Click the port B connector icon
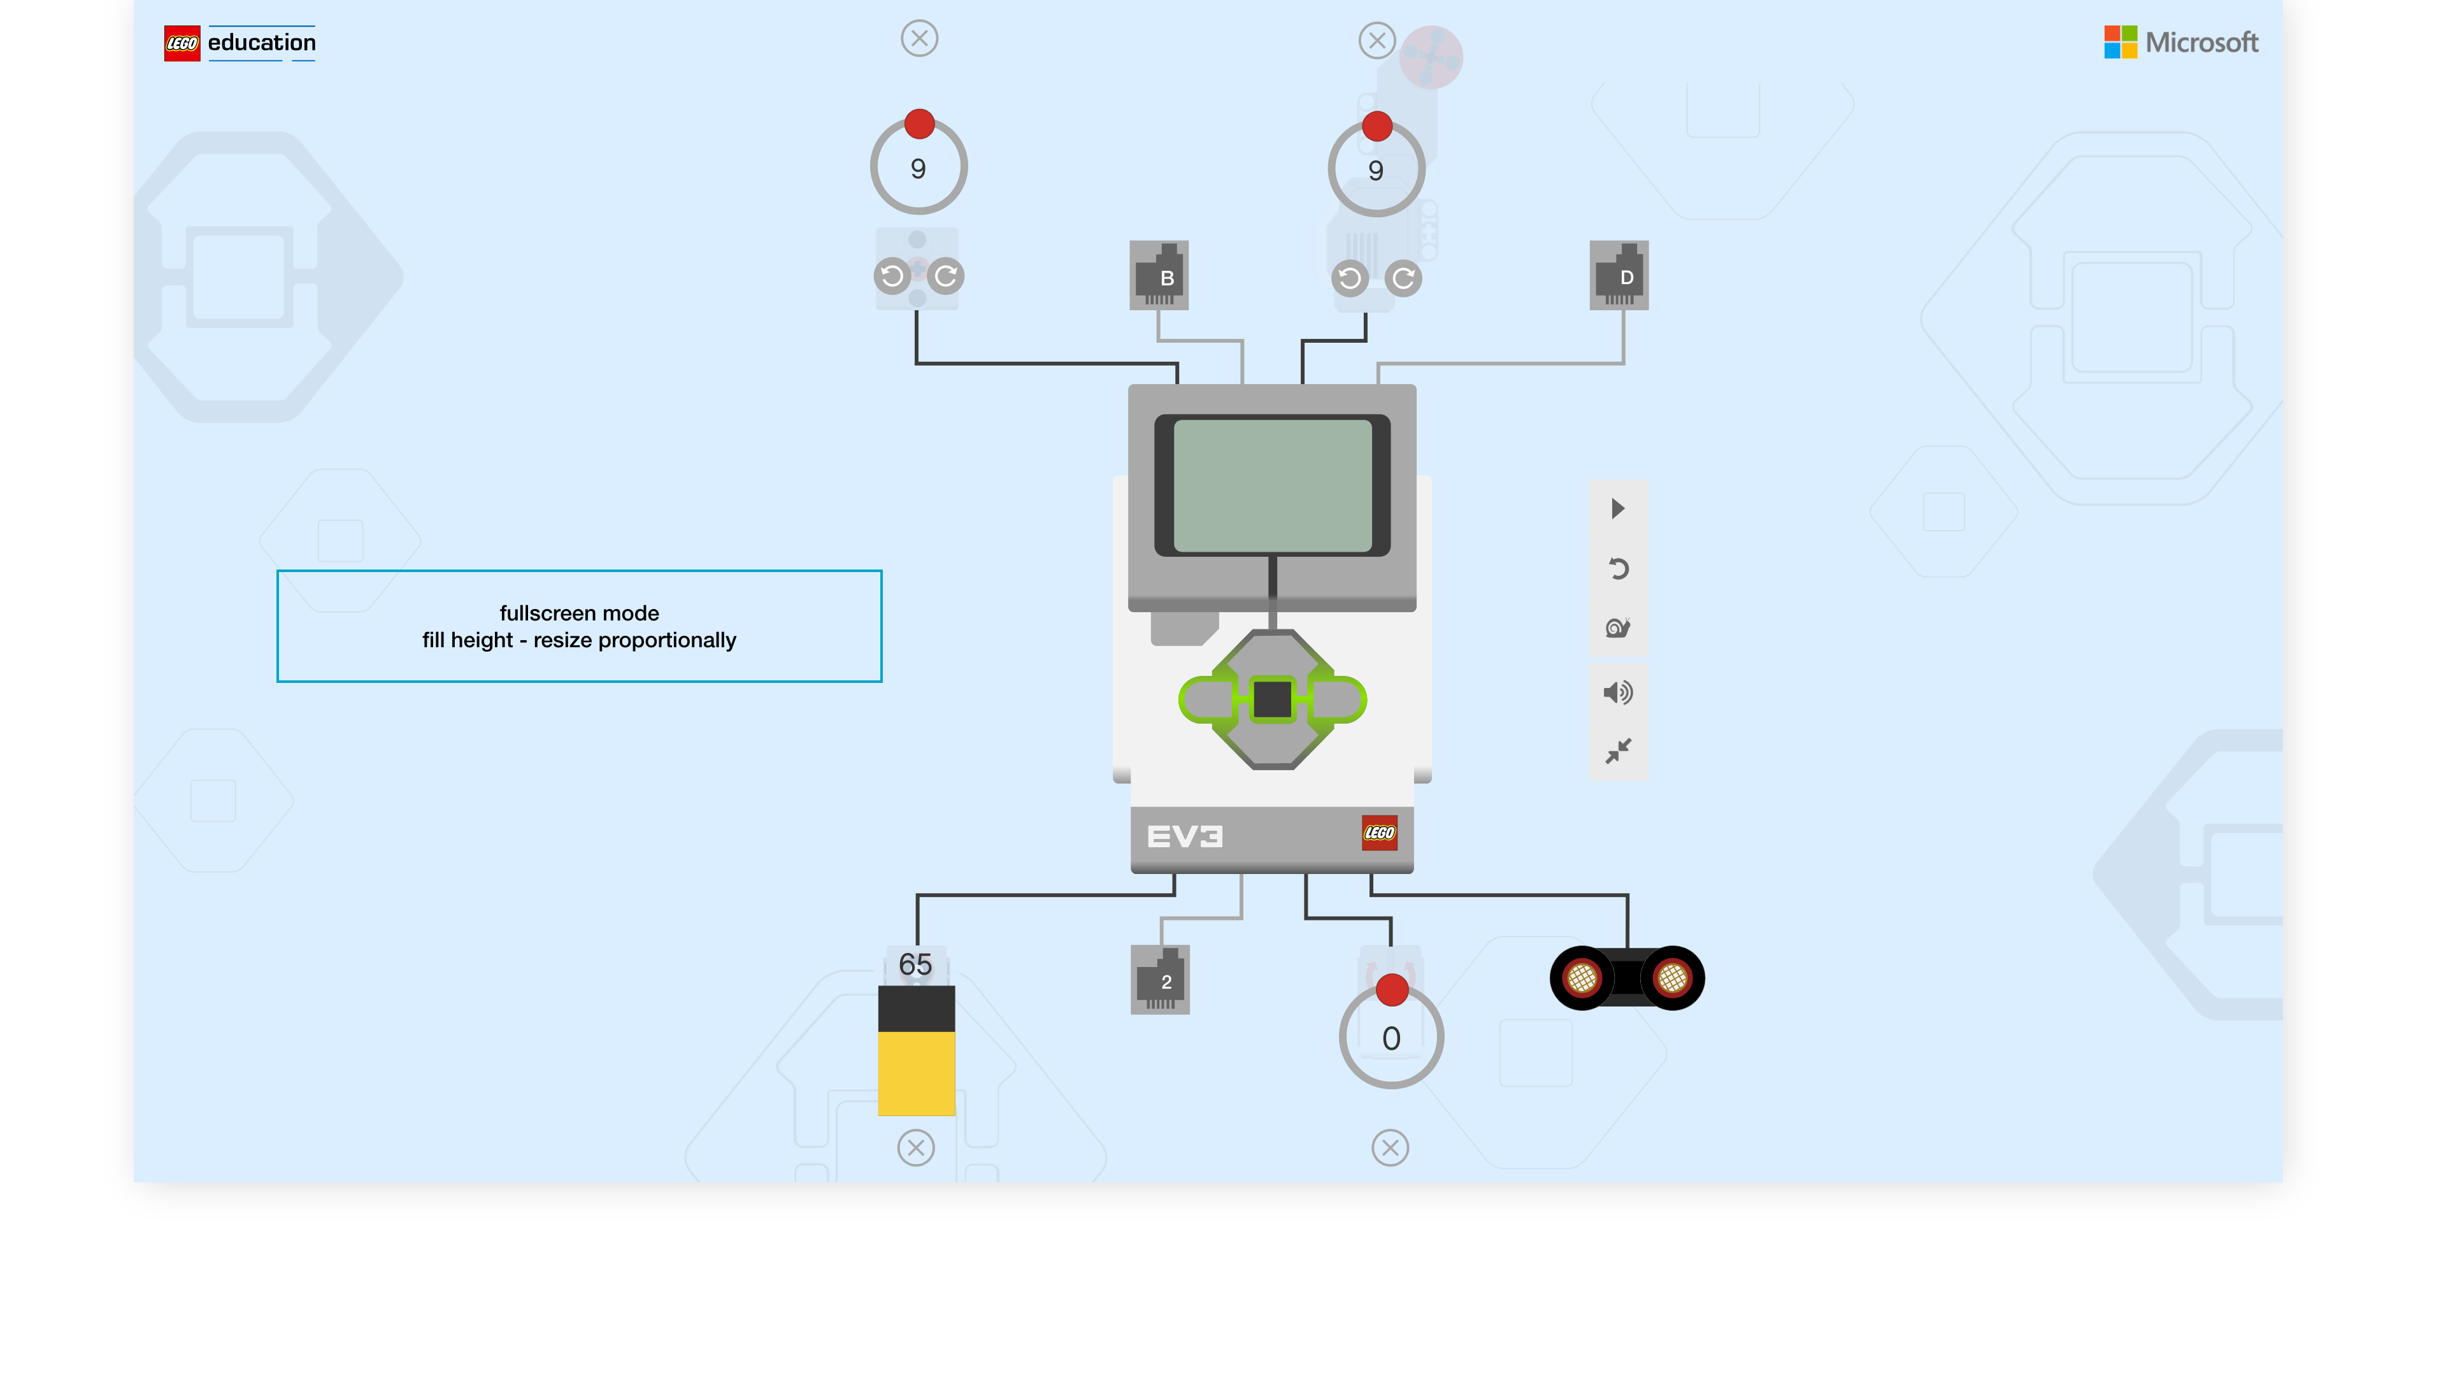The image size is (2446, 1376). click(1159, 275)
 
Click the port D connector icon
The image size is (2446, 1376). click(1619, 275)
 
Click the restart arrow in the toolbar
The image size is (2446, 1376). click(1618, 569)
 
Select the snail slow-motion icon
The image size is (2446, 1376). click(1618, 627)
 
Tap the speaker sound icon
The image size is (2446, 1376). click(1618, 692)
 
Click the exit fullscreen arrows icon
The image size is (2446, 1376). click(1618, 751)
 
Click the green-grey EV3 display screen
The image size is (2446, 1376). click(1273, 485)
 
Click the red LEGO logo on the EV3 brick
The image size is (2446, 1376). click(1378, 833)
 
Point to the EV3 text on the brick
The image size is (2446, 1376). click(1184, 836)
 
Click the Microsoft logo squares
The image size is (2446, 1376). click(2121, 42)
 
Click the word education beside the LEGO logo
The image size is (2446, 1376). click(262, 43)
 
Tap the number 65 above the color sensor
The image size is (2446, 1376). click(915, 965)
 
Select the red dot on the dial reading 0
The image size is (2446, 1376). click(1392, 989)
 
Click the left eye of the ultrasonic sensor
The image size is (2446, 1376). click(1582, 977)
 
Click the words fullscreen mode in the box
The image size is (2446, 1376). click(579, 613)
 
